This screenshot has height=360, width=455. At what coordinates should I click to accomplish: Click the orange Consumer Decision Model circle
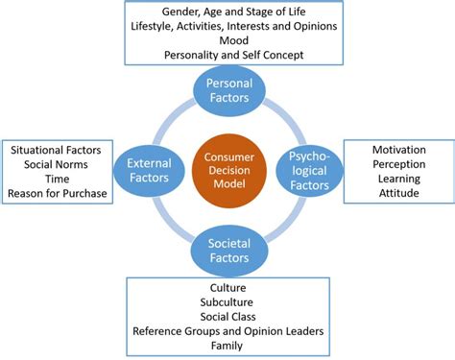tap(227, 167)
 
